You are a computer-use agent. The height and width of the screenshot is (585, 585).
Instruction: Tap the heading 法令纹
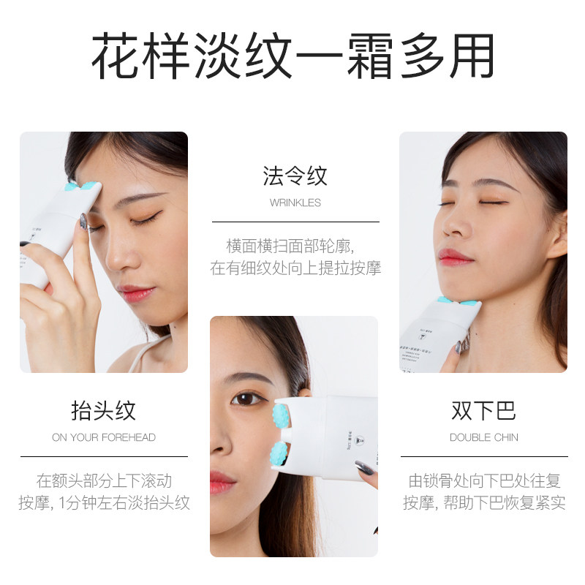pyautogui.click(x=295, y=176)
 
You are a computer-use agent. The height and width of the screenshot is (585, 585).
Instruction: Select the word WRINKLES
pyautogui.click(x=295, y=203)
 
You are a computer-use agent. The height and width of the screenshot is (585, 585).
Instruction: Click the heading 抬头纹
pyautogui.click(x=103, y=410)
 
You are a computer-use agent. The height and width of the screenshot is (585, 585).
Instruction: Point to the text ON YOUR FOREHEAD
pyautogui.click(x=103, y=437)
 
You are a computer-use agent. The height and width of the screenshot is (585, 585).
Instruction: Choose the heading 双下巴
pyautogui.click(x=483, y=410)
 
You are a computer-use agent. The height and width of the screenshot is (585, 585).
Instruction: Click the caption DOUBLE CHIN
pyautogui.click(x=483, y=437)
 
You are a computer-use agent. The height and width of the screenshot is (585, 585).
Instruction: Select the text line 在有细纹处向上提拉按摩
pyautogui.click(x=295, y=268)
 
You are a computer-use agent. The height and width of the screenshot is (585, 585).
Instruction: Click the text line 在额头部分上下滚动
pyautogui.click(x=104, y=481)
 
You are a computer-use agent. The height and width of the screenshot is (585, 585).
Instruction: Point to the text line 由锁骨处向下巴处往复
pyautogui.click(x=484, y=481)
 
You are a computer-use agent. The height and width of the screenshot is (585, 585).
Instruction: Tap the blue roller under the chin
pyautogui.click(x=458, y=301)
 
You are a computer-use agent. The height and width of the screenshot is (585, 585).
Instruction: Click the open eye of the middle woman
pyautogui.click(x=249, y=399)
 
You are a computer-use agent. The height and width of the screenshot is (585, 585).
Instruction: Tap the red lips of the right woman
pyautogui.click(x=454, y=257)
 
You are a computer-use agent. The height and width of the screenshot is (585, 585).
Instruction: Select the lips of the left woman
pyautogui.click(x=136, y=294)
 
